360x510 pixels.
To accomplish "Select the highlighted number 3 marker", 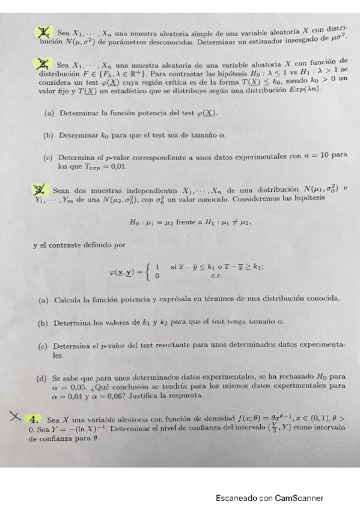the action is pos(41,191).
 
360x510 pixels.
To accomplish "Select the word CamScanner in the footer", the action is pos(299,498).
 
